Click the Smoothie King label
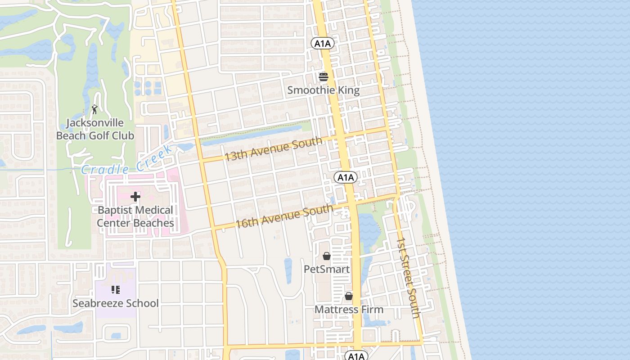[x=323, y=90]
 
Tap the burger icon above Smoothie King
[x=323, y=77]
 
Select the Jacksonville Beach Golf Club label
[x=95, y=129]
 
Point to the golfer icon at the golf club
[x=94, y=109]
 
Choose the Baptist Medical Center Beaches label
[x=135, y=216]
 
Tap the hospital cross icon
[x=135, y=197]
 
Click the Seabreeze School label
[x=116, y=303]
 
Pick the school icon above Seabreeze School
[x=116, y=289]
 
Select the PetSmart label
[x=327, y=269]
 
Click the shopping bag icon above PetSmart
[x=327, y=256]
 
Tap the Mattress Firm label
[x=349, y=310]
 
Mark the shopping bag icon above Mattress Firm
[x=349, y=296]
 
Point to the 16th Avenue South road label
[x=284, y=216]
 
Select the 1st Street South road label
[x=408, y=278]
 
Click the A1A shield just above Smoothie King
[x=323, y=43]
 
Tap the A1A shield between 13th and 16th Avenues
[x=346, y=177]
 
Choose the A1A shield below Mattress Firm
[x=356, y=356]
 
